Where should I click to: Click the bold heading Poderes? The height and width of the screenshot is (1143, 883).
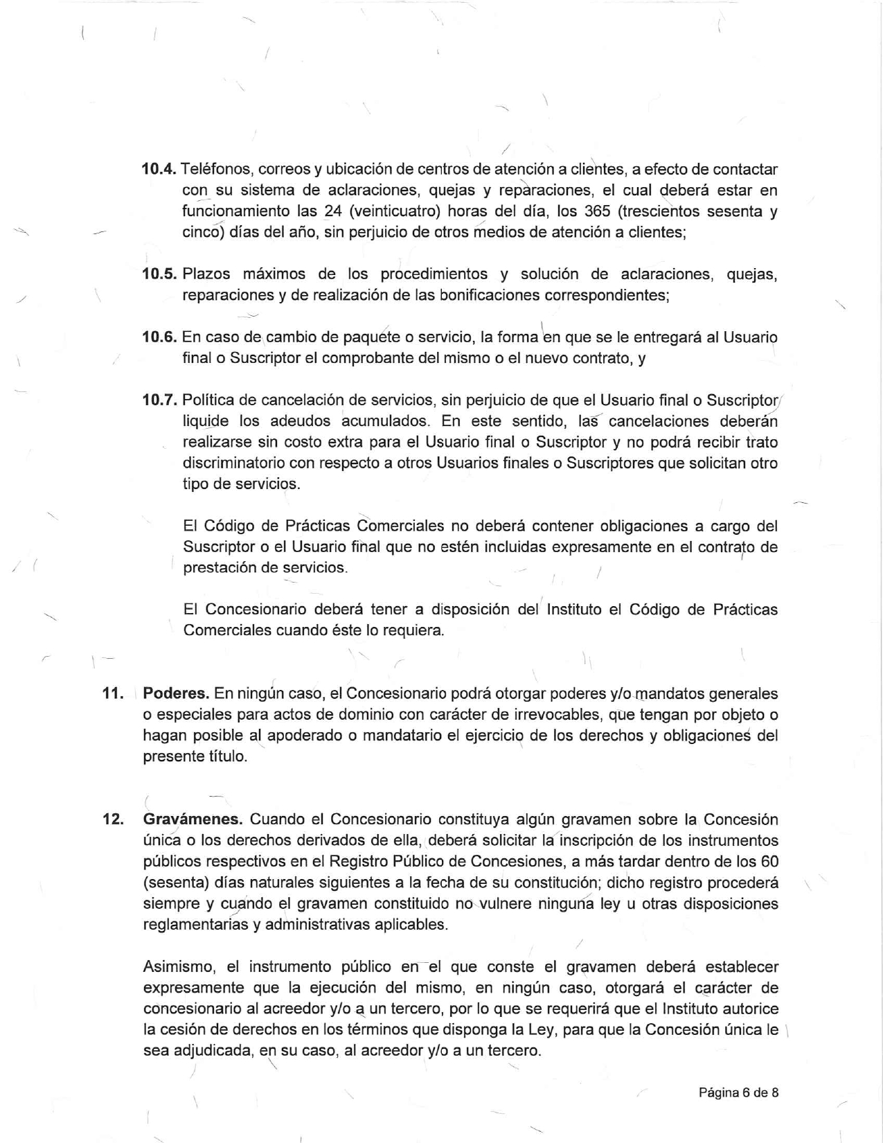[x=176, y=693]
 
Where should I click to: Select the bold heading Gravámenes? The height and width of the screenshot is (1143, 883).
[x=193, y=819]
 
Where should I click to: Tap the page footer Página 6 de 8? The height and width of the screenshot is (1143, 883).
[x=738, y=1092]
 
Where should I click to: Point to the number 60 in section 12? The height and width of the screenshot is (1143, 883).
[x=769, y=862]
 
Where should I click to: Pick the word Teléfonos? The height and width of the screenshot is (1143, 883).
[x=214, y=169]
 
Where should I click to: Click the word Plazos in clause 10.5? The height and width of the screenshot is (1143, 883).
[x=206, y=274]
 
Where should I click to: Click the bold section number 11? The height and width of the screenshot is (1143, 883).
[x=112, y=693]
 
